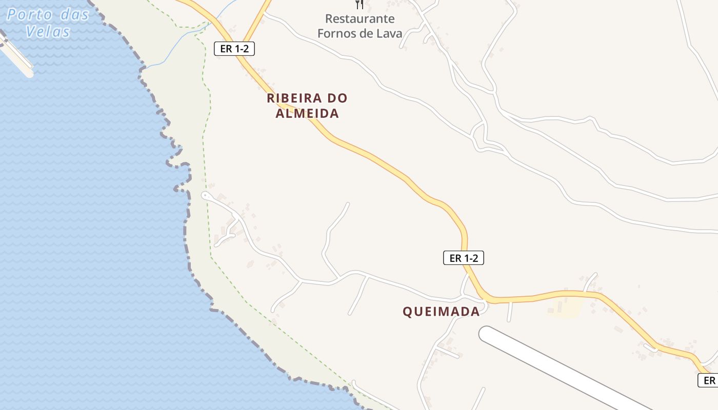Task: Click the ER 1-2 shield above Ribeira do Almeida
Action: click(234, 49)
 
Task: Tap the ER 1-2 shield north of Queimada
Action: click(464, 258)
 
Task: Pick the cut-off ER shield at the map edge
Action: click(708, 380)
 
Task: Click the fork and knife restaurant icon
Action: click(360, 4)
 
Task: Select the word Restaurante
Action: click(360, 19)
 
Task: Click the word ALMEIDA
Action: click(307, 113)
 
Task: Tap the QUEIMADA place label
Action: click(441, 311)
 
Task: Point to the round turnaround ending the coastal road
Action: click(205, 195)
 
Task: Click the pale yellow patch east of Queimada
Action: click(567, 308)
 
